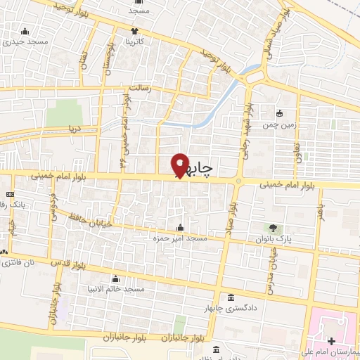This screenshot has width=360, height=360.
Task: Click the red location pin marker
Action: [x=181, y=165]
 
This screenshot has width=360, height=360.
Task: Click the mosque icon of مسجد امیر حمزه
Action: [x=181, y=227]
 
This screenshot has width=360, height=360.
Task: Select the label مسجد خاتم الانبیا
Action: [x=121, y=290]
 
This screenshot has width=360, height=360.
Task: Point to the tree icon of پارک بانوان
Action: [x=273, y=227]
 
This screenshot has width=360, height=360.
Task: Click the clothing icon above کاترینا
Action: [x=135, y=31]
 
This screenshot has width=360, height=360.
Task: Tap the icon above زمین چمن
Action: [x=280, y=113]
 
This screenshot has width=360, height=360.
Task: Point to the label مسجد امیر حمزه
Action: [x=181, y=239]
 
